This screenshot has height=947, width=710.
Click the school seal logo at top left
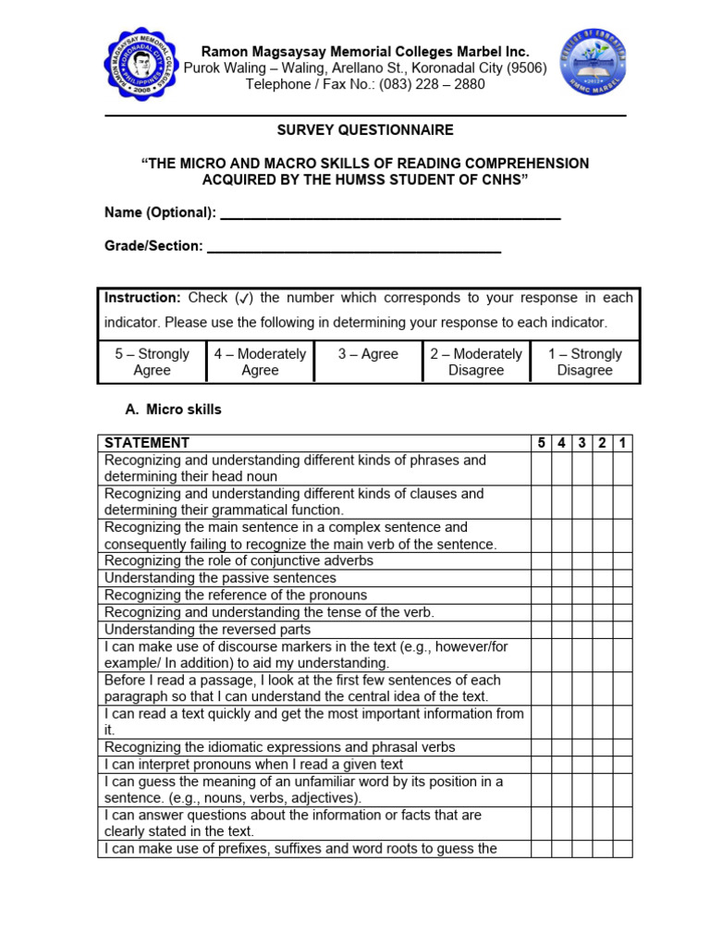[x=140, y=64]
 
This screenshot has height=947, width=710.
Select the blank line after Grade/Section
[x=354, y=247]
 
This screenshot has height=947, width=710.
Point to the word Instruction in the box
[x=142, y=299]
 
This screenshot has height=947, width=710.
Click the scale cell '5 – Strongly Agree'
[x=152, y=362]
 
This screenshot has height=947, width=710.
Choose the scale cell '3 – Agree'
[x=367, y=354]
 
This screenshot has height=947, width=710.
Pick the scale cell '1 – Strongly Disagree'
[x=584, y=362]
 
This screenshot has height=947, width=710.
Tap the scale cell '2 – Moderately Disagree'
[x=476, y=362]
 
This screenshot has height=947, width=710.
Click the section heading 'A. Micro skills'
[x=173, y=410]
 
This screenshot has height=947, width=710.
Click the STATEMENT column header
[x=147, y=443]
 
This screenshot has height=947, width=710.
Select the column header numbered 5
[x=541, y=443]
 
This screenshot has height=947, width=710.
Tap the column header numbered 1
[x=622, y=443]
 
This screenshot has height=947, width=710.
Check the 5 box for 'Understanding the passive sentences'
[x=541, y=578]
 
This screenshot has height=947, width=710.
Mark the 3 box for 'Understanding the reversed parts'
[x=581, y=629]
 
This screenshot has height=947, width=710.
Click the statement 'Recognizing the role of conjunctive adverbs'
[x=239, y=561]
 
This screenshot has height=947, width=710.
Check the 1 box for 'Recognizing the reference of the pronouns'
[x=622, y=596]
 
